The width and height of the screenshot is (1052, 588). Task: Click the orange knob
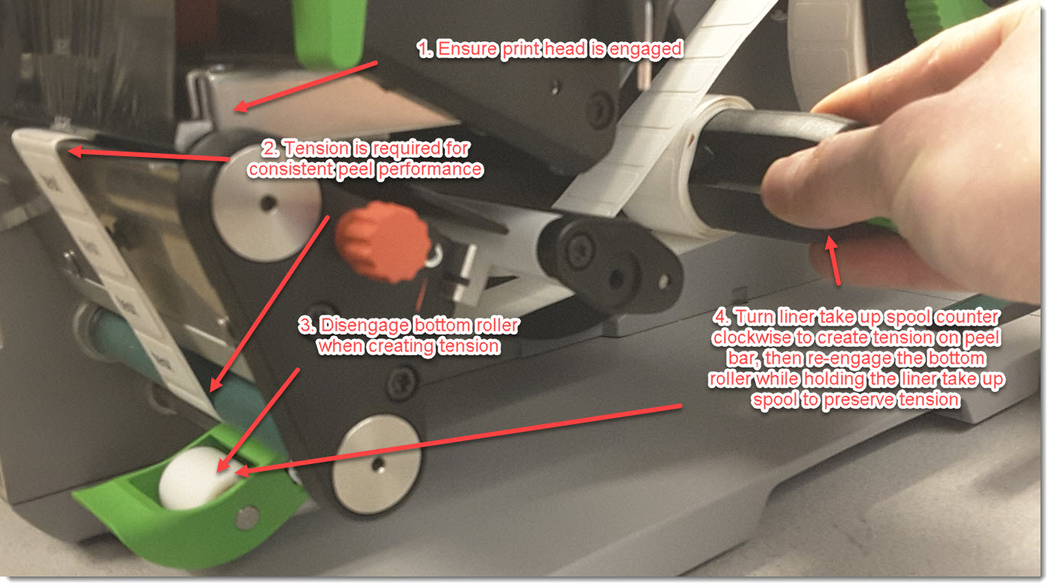(383, 240)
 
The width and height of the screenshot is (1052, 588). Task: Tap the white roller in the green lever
(197, 478)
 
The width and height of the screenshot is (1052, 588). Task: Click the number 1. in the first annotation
(425, 49)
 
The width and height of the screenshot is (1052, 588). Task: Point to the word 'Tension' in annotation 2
(318, 149)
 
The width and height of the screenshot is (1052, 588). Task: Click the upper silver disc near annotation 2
(265, 203)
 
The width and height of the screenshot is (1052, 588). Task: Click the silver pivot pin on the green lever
(247, 517)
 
